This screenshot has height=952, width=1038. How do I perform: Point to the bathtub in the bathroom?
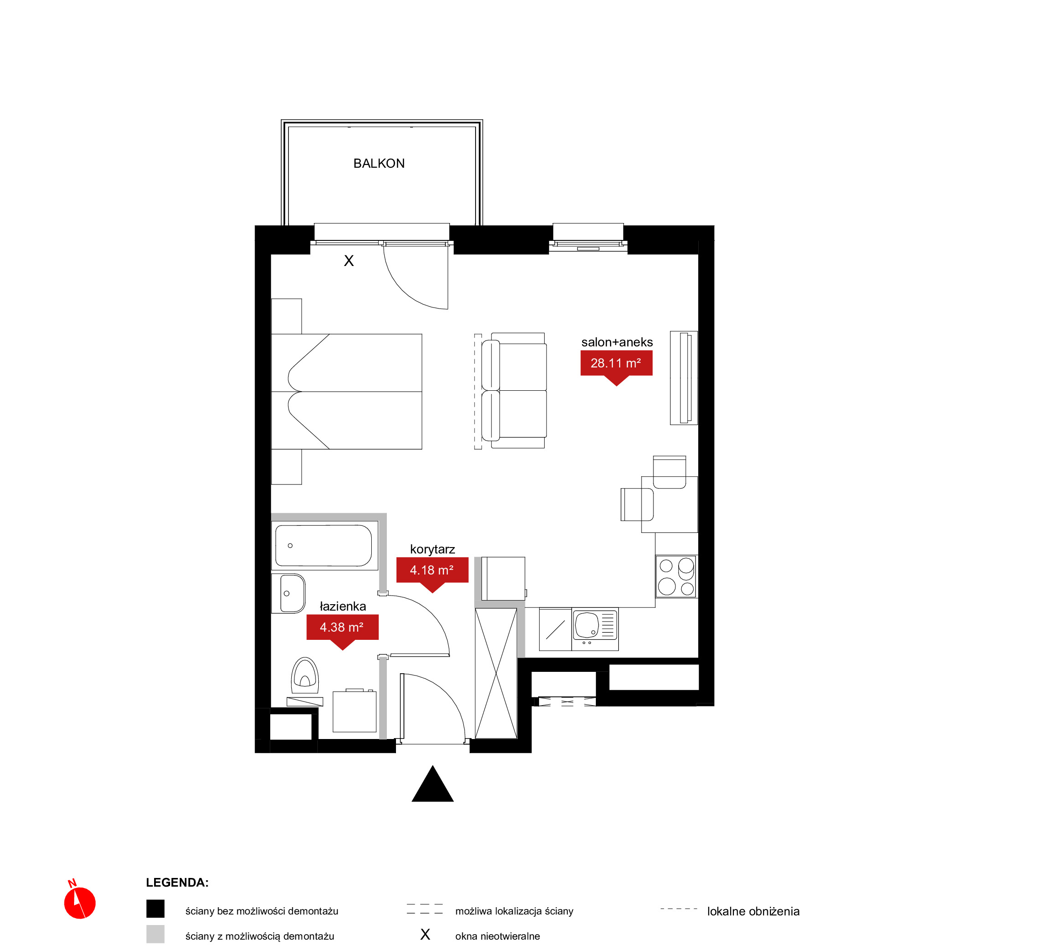(x=324, y=546)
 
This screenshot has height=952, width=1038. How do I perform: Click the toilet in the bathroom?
(x=305, y=676)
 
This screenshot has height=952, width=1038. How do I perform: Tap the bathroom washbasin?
(x=292, y=593)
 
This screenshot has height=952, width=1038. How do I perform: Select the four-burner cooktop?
(x=676, y=576)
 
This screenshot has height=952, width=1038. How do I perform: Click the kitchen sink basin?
(x=587, y=625)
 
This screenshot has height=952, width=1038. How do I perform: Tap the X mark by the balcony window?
(x=349, y=261)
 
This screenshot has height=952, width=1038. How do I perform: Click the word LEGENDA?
(x=177, y=883)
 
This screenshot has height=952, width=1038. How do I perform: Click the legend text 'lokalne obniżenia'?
(x=753, y=911)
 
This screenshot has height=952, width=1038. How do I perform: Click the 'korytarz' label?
(x=433, y=550)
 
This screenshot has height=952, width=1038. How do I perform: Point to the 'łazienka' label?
(x=343, y=606)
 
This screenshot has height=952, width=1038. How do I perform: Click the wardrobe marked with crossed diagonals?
(x=496, y=673)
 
